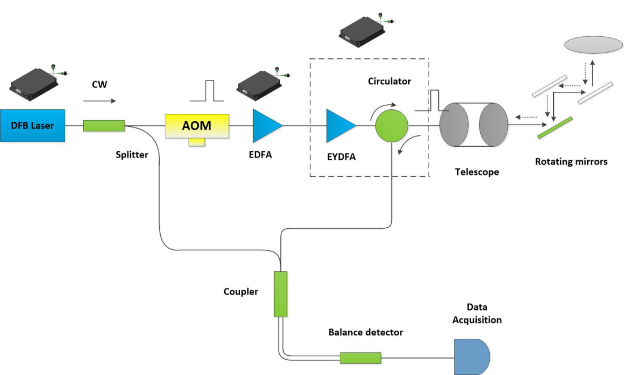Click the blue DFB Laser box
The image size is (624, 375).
[x=33, y=125]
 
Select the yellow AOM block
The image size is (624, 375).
[x=196, y=126]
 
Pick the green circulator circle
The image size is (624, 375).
[x=391, y=125]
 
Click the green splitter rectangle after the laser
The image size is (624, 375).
[x=104, y=125]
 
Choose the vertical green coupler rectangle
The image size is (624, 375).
[x=280, y=293]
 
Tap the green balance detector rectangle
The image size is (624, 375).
[x=360, y=357]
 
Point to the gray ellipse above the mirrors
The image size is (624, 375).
[x=593, y=45]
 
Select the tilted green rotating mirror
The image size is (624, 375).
[x=555, y=127]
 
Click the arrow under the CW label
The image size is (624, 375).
[x=99, y=101]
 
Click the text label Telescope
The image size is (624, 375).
[x=477, y=171]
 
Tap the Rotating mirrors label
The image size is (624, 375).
[x=571, y=162]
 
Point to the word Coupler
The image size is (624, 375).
[x=241, y=292]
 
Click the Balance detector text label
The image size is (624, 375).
[x=365, y=333]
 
